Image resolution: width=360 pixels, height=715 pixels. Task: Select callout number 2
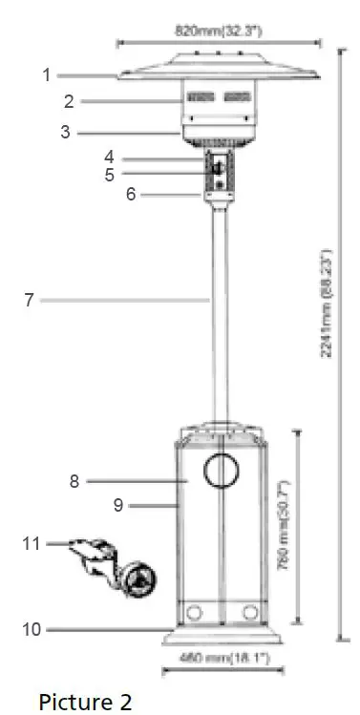(x=69, y=101)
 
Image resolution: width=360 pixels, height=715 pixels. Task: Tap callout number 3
(x=66, y=133)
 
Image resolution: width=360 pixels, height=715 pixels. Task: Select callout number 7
(x=30, y=300)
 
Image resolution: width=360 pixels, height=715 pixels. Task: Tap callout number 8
(x=74, y=482)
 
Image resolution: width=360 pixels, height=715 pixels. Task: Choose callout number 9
(x=118, y=505)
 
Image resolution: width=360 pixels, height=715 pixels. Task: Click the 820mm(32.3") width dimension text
(x=219, y=32)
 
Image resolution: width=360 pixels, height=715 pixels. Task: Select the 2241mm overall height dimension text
(x=326, y=304)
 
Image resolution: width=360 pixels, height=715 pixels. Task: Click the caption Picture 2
(x=85, y=702)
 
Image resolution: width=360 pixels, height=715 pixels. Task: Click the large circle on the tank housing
(x=221, y=471)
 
